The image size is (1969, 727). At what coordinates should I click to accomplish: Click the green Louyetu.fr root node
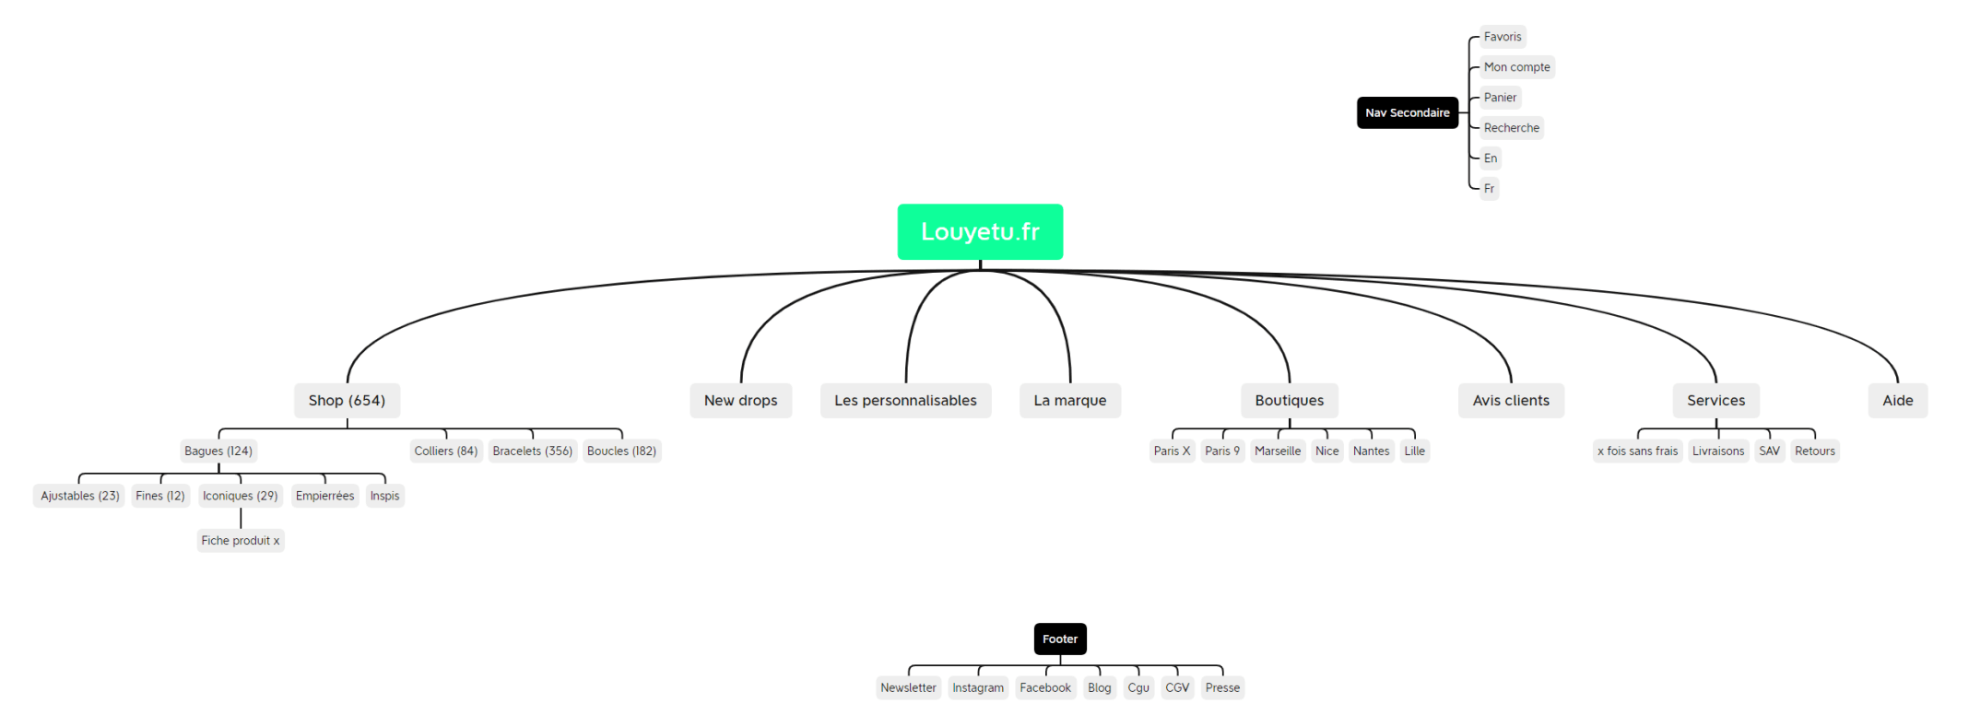tap(980, 231)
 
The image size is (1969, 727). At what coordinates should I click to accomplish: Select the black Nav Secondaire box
tap(1407, 112)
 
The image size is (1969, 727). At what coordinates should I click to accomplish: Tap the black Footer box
tap(1059, 639)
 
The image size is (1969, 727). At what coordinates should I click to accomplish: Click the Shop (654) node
tap(347, 400)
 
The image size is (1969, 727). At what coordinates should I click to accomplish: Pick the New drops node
tap(740, 400)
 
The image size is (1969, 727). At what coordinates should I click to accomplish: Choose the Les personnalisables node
tap(905, 400)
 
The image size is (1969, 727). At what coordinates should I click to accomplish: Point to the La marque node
tap(1069, 400)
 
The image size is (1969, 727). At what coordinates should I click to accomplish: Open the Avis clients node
tap(1510, 400)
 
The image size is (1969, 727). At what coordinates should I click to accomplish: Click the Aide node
tap(1897, 400)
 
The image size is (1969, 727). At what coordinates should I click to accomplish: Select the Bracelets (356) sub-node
tap(532, 451)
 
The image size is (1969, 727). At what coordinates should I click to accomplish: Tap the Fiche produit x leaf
tap(240, 540)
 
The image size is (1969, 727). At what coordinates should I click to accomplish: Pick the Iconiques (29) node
tap(240, 496)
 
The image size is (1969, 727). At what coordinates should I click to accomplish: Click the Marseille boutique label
tap(1277, 451)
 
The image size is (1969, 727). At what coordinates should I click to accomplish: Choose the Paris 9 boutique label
tap(1221, 451)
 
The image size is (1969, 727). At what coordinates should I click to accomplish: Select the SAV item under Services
tap(1768, 451)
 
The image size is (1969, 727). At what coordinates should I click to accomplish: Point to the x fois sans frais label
tap(1637, 451)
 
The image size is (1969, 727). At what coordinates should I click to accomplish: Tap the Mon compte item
tap(1516, 67)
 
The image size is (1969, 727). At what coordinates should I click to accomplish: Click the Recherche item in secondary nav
tap(1511, 128)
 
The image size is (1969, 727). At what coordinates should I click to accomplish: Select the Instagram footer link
tap(977, 687)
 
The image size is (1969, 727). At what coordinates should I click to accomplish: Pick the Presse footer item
tap(1221, 687)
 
